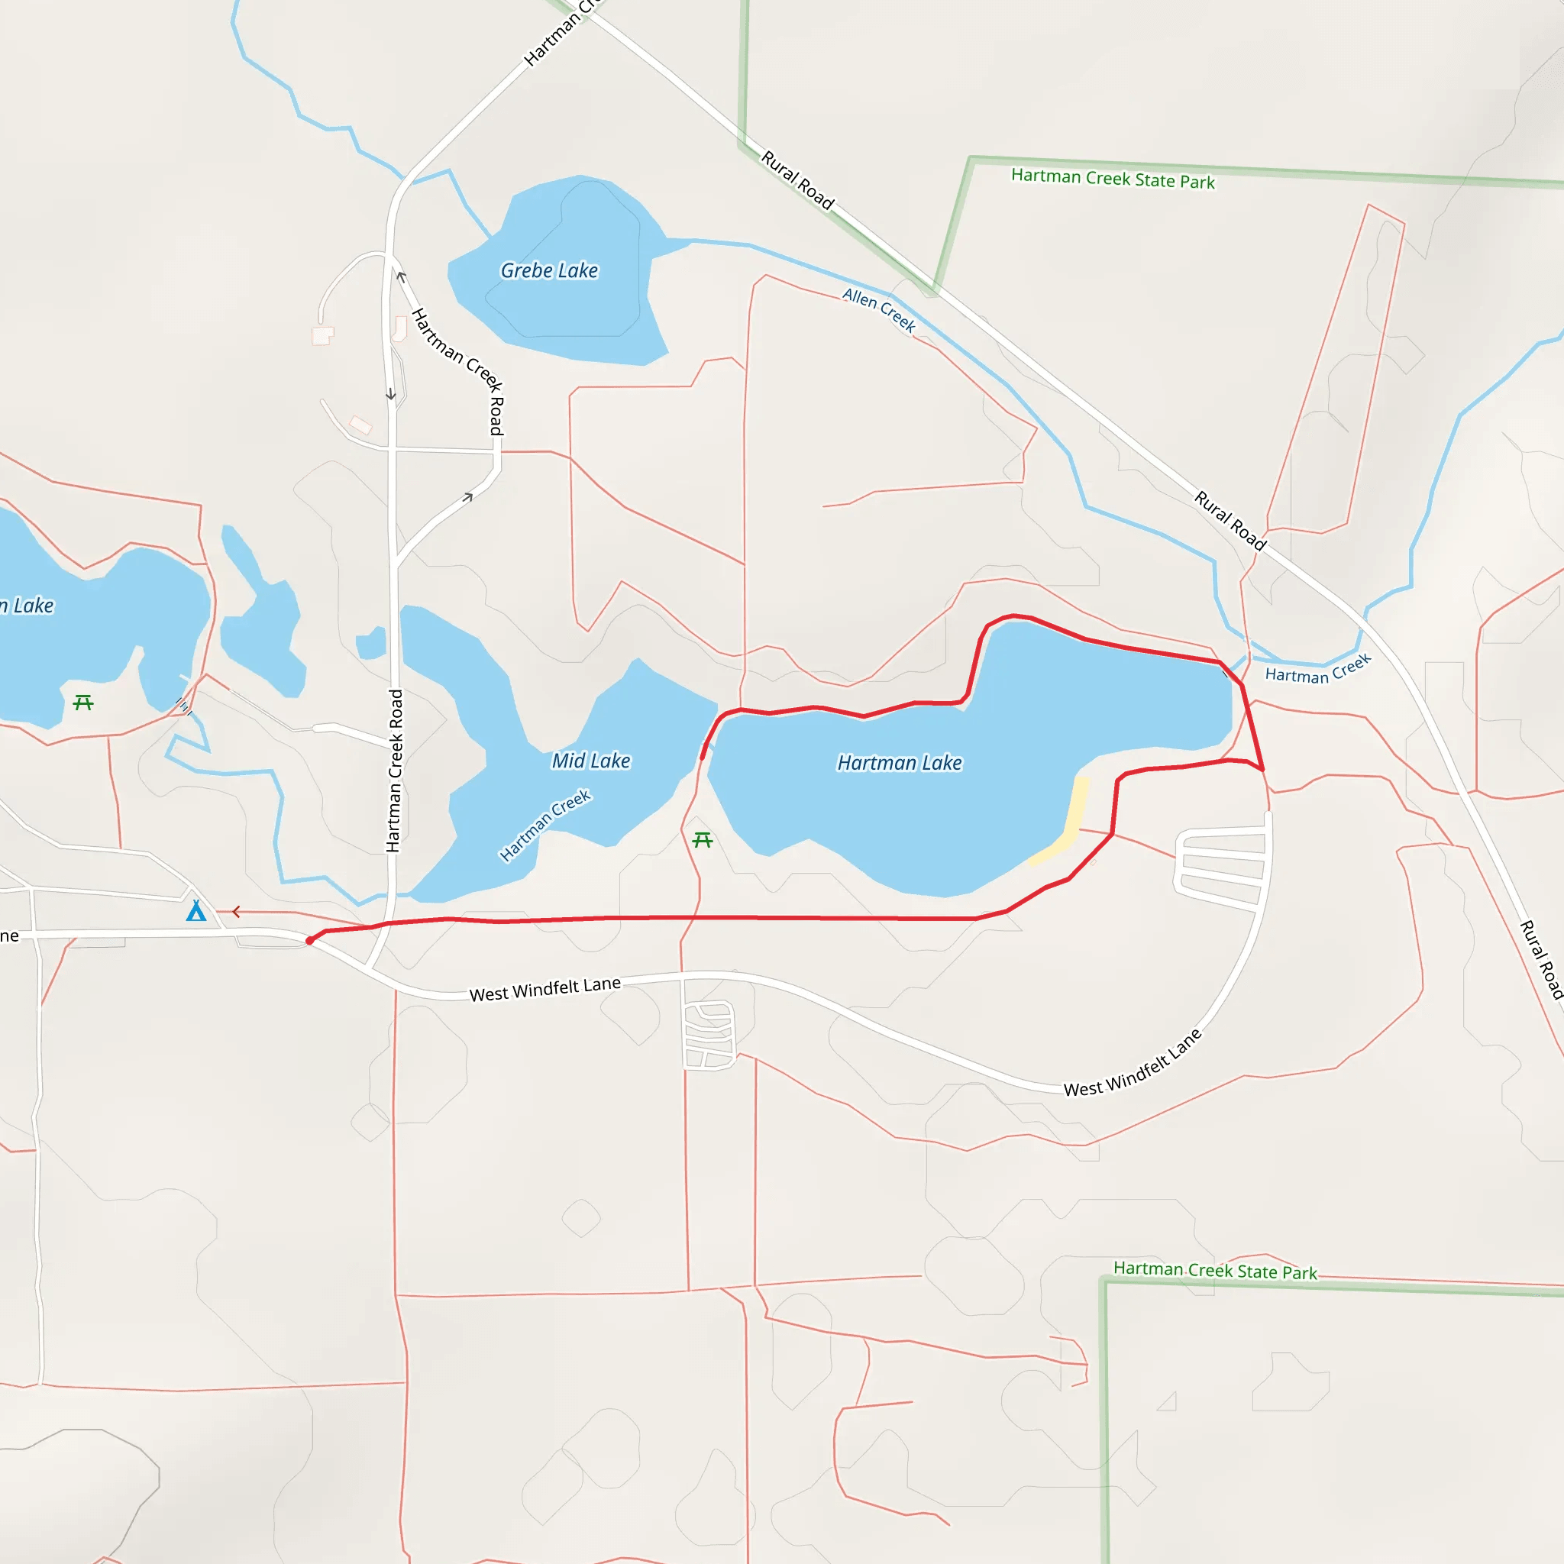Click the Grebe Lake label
[549, 270]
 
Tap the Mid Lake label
[591, 761]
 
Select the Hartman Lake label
[900, 763]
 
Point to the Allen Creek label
[879, 310]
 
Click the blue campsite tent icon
[196, 912]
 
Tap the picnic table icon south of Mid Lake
[703, 840]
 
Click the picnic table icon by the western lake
[83, 703]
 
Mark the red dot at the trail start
[310, 941]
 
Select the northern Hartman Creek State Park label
[1113, 179]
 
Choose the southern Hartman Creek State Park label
[1215, 1270]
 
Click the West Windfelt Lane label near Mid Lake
[544, 988]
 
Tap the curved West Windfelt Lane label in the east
[1133, 1064]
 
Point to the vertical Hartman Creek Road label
[394, 771]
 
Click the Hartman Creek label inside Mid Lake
[544, 826]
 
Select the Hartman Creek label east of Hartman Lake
[1318, 670]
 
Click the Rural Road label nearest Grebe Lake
[797, 179]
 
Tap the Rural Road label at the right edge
[1540, 959]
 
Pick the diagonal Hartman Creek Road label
[458, 370]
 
